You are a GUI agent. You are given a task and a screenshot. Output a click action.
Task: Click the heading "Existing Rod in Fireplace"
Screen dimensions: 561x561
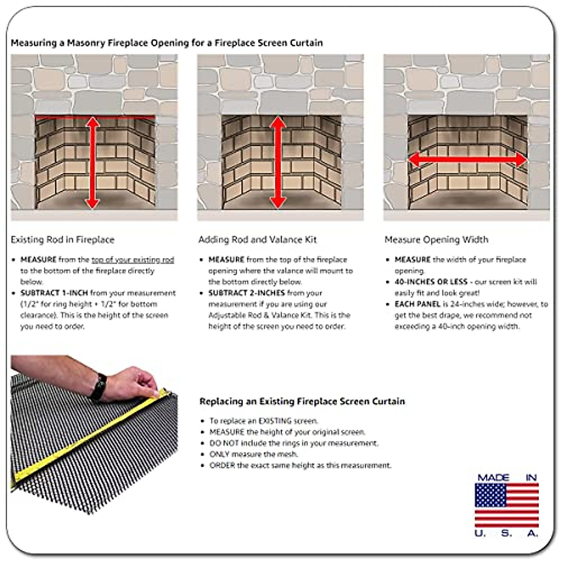coord(62,240)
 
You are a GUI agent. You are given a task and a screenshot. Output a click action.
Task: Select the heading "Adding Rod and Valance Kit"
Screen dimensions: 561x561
coord(257,240)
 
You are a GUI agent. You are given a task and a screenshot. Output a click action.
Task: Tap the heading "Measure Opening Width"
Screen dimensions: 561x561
coord(436,240)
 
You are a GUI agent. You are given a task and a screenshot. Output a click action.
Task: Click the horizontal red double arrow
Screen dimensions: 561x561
coord(467,160)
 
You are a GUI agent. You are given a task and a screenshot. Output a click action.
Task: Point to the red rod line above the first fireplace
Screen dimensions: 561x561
coord(61,116)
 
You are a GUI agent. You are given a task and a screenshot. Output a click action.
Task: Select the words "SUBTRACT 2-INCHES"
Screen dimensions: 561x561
coord(246,293)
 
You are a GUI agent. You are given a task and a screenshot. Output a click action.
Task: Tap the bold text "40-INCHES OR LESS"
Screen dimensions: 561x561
coord(431,282)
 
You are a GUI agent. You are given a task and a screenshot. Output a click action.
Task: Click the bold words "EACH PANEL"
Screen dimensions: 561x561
coord(417,304)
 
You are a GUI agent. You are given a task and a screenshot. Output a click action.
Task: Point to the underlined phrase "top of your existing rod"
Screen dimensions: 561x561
coord(133,260)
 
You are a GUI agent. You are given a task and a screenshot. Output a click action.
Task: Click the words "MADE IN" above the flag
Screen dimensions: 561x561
coord(507,478)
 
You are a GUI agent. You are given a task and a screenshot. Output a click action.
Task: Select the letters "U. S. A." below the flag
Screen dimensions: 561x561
coord(507,533)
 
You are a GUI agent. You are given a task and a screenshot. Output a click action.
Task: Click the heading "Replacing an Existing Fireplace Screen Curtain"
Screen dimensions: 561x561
coord(302,402)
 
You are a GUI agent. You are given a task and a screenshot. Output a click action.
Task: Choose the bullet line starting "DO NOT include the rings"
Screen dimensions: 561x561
coord(294,443)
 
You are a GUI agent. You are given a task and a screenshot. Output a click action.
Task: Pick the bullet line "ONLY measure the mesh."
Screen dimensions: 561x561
coord(253,454)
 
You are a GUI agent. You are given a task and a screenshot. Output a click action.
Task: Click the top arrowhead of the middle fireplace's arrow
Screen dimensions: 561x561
coord(278,122)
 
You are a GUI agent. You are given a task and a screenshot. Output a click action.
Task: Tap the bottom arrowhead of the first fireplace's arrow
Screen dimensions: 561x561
coord(93,202)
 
